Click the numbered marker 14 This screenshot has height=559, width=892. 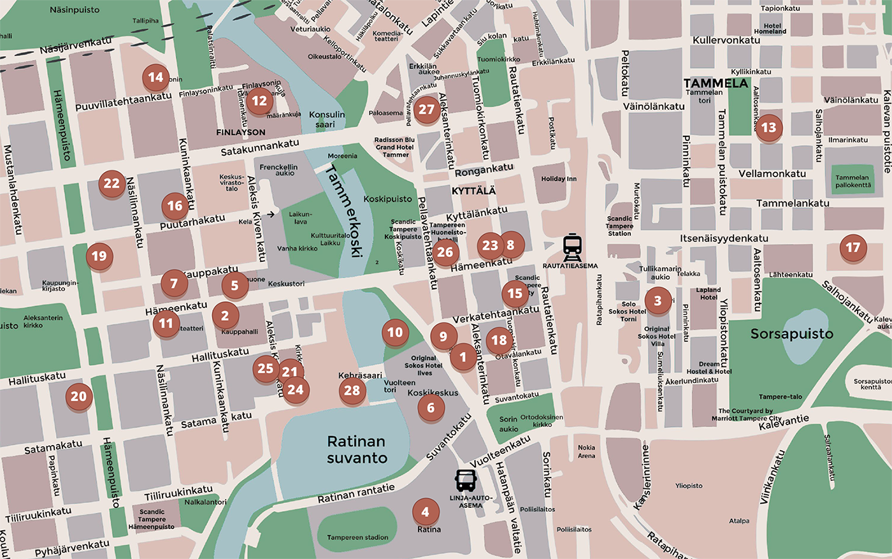155,78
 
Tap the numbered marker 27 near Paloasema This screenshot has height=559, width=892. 426,110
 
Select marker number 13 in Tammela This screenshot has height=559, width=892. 769,127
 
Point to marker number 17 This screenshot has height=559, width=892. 852,248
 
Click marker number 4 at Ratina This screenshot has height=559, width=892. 425,512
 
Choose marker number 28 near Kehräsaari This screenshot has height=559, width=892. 352,391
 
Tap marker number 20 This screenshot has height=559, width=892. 78,396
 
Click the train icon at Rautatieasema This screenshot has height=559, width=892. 572,247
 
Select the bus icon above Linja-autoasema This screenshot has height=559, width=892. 466,480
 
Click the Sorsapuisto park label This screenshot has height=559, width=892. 791,334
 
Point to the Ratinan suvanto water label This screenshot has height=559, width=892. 357,449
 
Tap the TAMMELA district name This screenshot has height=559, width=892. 716,83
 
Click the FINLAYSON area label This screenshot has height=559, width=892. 241,133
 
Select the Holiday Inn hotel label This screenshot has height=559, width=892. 559,179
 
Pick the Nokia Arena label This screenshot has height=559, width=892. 586,451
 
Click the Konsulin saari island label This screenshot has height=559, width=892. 326,119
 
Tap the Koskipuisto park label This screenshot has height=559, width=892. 387,199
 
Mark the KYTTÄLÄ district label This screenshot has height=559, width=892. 473,191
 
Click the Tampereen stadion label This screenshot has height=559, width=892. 357,537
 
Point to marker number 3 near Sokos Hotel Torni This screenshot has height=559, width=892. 658,301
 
